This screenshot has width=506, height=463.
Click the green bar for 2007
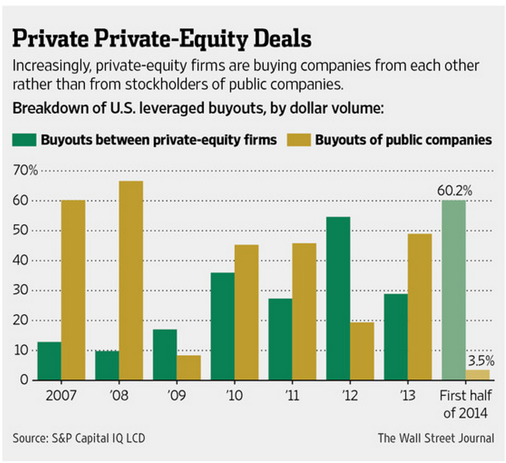pyautogui.click(x=49, y=361)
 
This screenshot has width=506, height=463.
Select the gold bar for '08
pyautogui.click(x=131, y=280)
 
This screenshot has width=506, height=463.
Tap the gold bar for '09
pyautogui.click(x=189, y=367)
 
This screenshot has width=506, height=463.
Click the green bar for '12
pyautogui.click(x=338, y=298)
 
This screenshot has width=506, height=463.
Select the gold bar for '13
pyautogui.click(x=420, y=307)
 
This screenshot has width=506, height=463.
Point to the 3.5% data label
pyautogui.click(x=481, y=360)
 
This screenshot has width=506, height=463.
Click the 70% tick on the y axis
pyautogui.click(x=25, y=170)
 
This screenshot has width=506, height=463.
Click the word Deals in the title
pyautogui.click(x=275, y=39)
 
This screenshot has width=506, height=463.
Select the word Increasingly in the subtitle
pyautogui.click(x=48, y=65)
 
